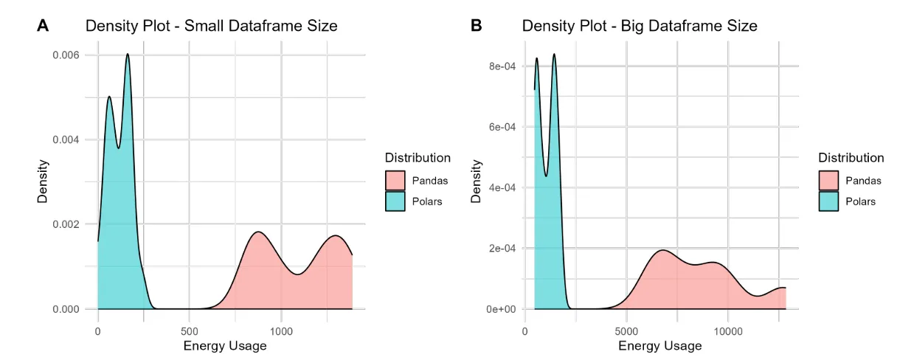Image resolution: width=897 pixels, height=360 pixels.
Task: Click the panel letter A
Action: [x=43, y=26]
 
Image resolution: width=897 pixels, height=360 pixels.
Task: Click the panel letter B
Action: [x=476, y=26]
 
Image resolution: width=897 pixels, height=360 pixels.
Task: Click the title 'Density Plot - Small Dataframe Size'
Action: [x=211, y=26]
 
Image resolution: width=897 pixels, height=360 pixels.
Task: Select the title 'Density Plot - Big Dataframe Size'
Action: [x=640, y=26]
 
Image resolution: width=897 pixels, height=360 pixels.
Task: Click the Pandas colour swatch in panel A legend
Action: [x=395, y=180]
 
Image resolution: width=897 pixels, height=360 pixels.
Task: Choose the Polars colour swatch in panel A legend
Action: [x=395, y=201]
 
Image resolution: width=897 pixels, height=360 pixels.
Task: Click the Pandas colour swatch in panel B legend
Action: [x=828, y=180]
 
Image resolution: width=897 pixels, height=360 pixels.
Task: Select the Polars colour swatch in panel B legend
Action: [x=828, y=201]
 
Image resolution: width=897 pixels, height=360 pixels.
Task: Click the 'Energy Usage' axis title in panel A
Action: [x=225, y=345]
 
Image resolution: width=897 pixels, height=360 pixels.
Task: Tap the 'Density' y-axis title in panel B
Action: [x=477, y=181]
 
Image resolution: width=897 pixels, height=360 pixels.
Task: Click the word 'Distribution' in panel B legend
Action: [x=851, y=157]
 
